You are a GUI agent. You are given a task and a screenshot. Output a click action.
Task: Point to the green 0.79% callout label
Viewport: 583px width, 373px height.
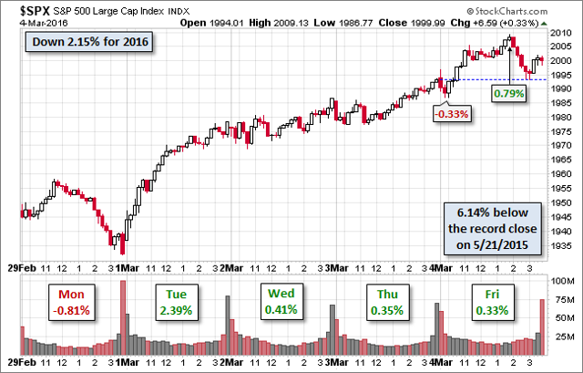[x=508, y=93]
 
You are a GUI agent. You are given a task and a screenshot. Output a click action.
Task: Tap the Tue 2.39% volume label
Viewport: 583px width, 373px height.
[x=176, y=303]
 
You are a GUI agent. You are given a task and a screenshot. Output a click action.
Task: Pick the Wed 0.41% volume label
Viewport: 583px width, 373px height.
[x=280, y=303]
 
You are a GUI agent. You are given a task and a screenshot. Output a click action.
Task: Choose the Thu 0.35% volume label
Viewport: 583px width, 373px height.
[x=385, y=303]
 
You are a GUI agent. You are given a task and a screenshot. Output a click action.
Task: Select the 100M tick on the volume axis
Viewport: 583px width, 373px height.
[x=565, y=283]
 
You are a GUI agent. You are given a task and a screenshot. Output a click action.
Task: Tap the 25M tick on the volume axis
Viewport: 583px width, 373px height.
[x=565, y=335]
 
